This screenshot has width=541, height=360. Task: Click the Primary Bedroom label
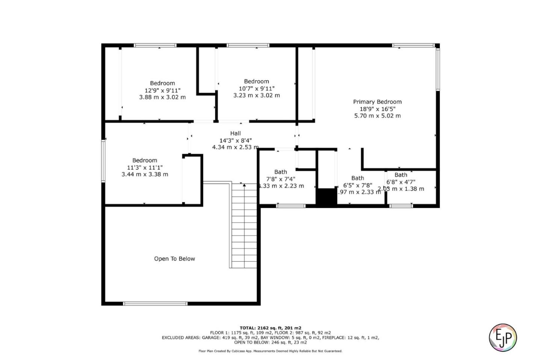point(377,102)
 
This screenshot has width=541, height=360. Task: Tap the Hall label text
point(236,133)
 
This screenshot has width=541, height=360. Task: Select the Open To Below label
point(174,259)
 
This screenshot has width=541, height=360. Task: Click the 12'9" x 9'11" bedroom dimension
point(162,90)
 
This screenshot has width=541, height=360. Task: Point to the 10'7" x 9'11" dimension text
point(257,89)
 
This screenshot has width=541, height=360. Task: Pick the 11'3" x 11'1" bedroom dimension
point(145,167)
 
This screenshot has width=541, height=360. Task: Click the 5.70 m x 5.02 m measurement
point(377,116)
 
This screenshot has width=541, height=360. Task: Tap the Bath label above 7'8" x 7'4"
point(280,172)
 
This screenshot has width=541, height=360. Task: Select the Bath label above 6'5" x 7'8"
point(357,178)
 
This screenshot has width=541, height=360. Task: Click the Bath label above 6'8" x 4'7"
point(400,175)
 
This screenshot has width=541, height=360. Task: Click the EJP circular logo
point(503,337)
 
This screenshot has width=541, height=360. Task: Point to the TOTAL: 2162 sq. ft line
point(270,328)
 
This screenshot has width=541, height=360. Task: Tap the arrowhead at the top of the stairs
point(244,185)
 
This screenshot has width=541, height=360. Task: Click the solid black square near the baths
point(326,197)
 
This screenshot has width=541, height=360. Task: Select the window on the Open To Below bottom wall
point(155,303)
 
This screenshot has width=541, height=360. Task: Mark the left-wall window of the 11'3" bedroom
point(104,161)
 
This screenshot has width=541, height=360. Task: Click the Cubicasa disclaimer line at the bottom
point(270,351)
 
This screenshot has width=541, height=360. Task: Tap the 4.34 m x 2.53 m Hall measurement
point(236,147)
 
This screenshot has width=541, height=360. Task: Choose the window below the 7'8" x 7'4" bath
point(291,206)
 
